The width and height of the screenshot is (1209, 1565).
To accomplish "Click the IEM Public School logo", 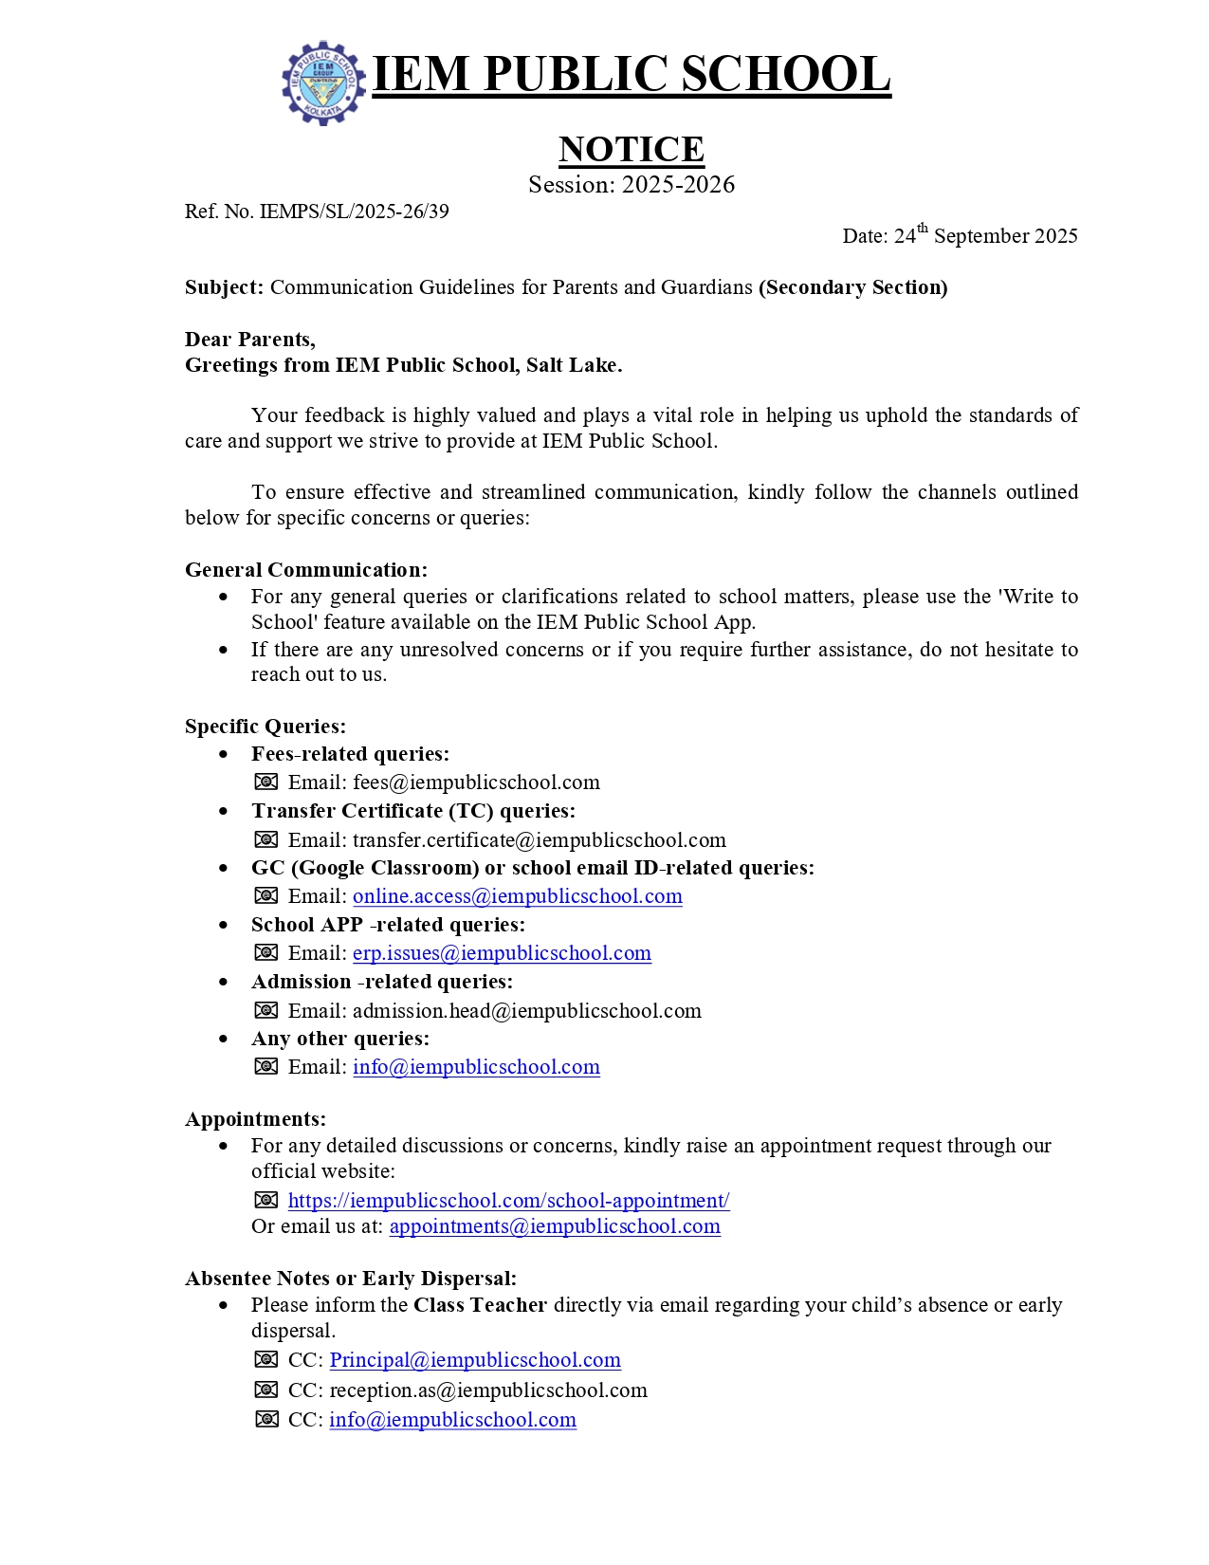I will (323, 83).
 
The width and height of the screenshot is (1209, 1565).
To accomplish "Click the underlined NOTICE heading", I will (631, 149).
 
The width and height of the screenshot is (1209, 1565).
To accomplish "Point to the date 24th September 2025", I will (960, 235).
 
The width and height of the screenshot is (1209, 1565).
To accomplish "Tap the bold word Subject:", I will (224, 287).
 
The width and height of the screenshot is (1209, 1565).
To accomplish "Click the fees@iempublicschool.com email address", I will (476, 782).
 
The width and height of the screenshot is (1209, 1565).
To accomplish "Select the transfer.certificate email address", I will (539, 840).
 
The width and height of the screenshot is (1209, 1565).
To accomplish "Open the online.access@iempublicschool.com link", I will (517, 896).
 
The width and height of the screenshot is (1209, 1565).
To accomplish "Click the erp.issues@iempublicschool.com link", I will (502, 953).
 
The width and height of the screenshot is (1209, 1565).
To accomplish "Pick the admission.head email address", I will (526, 1011).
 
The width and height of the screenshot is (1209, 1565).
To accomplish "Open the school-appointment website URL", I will (508, 1201).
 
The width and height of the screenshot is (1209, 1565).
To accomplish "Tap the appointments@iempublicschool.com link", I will (555, 1226).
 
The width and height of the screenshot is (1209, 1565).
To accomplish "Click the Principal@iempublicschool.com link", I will (475, 1360).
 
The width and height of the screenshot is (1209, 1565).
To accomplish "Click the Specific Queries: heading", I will (266, 727).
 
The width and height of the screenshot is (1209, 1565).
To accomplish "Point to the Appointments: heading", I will (255, 1119).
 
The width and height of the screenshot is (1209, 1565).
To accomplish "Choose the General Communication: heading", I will (306, 570).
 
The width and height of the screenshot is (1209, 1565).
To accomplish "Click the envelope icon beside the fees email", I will (266, 782).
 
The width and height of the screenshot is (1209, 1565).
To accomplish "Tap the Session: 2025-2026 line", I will (631, 184).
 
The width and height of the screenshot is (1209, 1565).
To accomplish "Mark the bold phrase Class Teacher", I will (480, 1305).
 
